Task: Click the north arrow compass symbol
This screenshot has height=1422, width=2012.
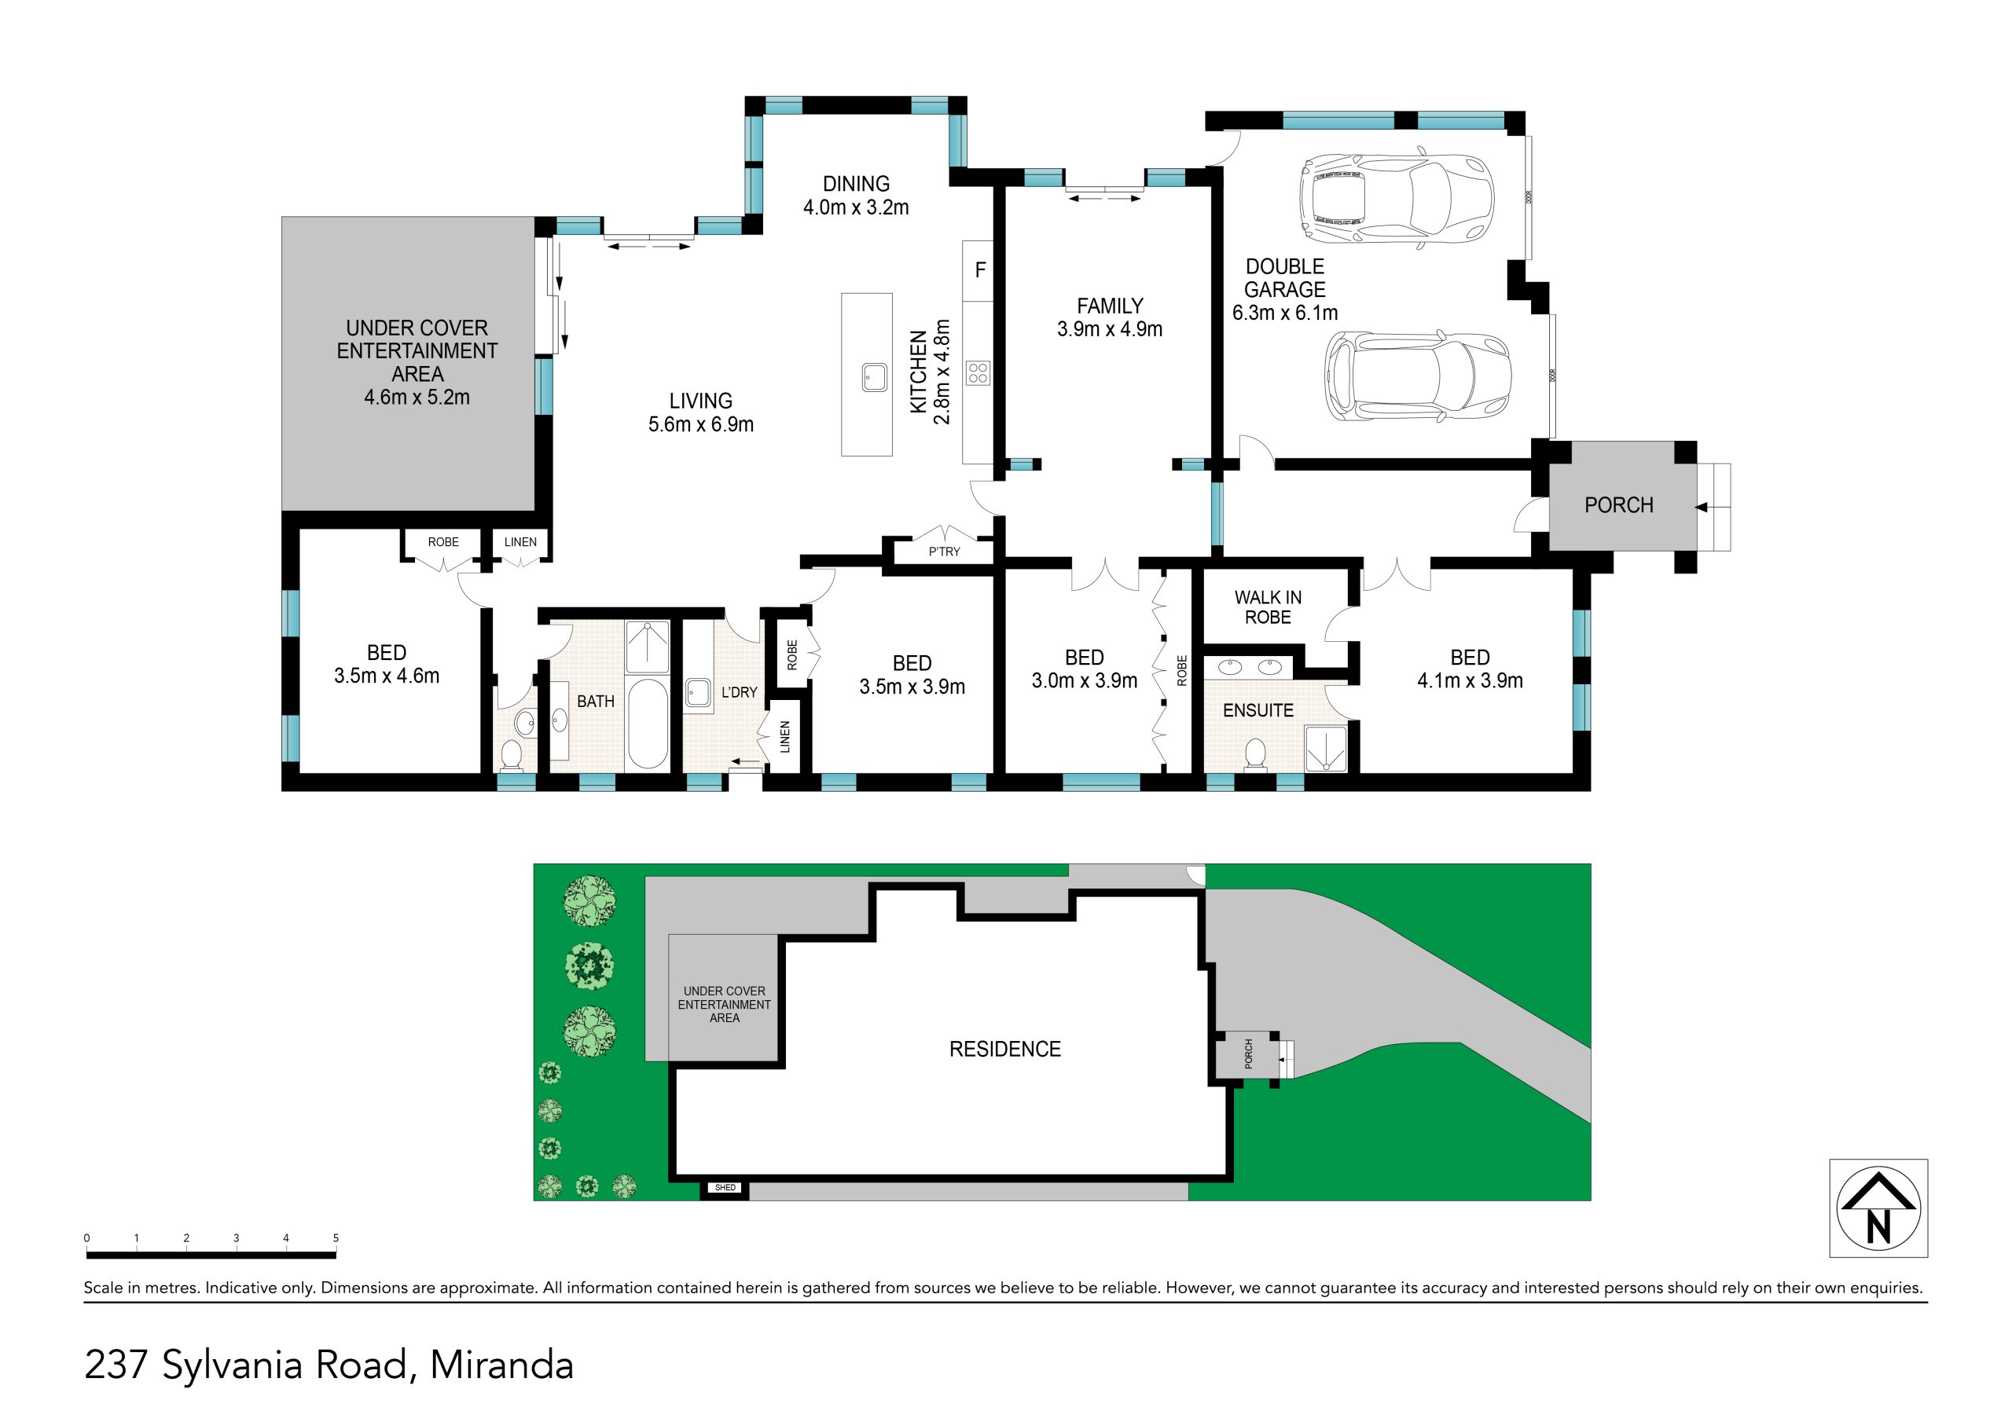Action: click(x=1878, y=1208)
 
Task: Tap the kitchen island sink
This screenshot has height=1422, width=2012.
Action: click(x=874, y=377)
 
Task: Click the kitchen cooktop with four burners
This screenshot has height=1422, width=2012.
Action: click(x=978, y=372)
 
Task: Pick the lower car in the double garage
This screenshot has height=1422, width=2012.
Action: click(x=1418, y=377)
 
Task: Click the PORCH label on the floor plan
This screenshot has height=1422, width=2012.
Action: click(x=1618, y=505)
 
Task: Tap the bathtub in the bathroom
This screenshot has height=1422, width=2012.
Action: click(x=648, y=723)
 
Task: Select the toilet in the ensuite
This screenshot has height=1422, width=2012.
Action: click(x=1256, y=754)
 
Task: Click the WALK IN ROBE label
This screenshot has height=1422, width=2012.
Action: click(x=1268, y=607)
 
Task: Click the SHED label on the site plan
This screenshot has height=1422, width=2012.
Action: click(x=725, y=1188)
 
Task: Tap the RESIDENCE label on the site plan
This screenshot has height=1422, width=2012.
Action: click(x=1005, y=1049)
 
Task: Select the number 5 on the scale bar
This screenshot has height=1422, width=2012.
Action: click(x=336, y=1238)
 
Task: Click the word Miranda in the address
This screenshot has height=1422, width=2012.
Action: click(x=501, y=1366)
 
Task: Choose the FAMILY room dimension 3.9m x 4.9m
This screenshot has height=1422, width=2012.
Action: click(x=1110, y=329)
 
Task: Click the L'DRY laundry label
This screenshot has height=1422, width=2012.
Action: click(x=739, y=692)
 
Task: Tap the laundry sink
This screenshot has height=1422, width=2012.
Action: click(x=699, y=692)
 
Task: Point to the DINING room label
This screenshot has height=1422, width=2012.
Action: click(x=856, y=184)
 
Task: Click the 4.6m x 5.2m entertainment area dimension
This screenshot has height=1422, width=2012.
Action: click(x=417, y=397)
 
